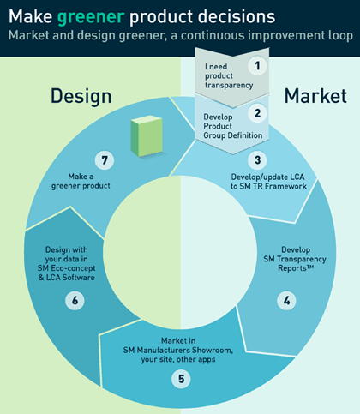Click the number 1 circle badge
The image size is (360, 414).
click(x=257, y=66)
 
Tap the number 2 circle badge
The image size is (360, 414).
click(x=257, y=113)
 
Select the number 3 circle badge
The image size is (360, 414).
click(x=257, y=160)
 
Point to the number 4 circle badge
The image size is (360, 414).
click(x=286, y=300)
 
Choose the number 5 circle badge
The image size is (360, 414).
click(x=181, y=379)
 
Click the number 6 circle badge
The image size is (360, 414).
click(x=75, y=300)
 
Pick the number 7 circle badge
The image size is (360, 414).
click(x=105, y=160)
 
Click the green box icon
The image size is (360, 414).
click(x=147, y=136)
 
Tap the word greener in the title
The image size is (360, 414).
click(x=91, y=17)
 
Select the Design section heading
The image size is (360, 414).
click(x=81, y=97)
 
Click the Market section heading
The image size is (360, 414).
click(x=315, y=96)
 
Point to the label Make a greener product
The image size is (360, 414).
click(x=81, y=181)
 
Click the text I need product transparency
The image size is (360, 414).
click(x=229, y=75)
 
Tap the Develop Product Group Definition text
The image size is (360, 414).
click(x=233, y=126)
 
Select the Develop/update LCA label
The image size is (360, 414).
click(x=267, y=177)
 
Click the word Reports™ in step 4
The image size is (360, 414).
click(x=296, y=268)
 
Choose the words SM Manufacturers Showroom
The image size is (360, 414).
click(x=178, y=350)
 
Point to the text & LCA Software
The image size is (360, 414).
click(x=66, y=278)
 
